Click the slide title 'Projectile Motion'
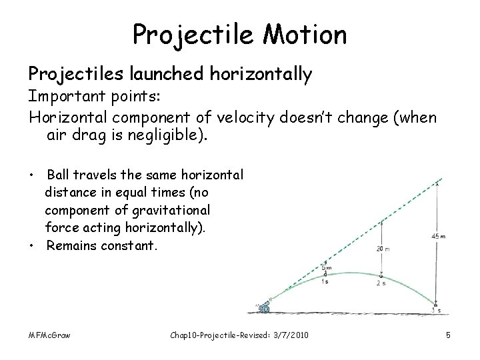coord(239,34)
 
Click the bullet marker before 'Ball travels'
coord(32,175)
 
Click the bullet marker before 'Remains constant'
coord(32,245)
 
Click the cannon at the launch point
coord(264,307)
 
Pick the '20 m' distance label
coord(382,249)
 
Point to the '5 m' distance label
coord(325,268)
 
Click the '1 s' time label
coord(325,281)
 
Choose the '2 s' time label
coord(382,283)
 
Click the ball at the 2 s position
coord(381,275)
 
